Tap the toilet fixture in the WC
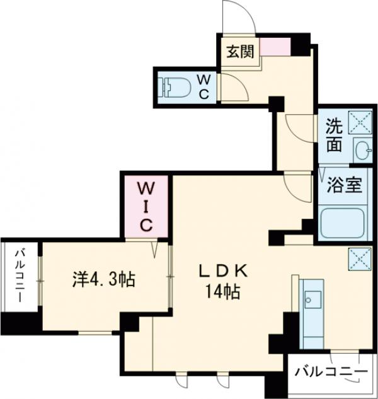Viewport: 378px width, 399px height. point(176,86)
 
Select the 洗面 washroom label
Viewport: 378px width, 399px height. point(334,135)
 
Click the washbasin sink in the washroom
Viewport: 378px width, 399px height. point(361,149)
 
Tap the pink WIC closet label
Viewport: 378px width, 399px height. point(146,206)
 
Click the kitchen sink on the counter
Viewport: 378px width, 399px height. point(312,297)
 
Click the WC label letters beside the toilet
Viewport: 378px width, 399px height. point(204,86)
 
